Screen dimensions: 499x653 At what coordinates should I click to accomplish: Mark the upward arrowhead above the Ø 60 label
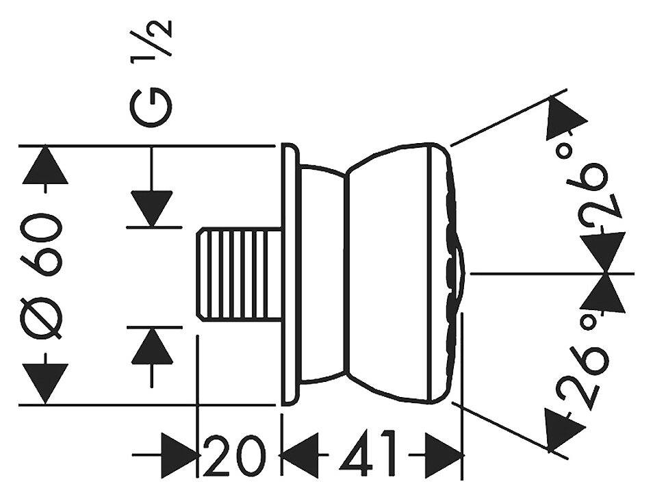[46, 165]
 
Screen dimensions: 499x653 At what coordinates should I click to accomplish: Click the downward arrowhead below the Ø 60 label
[46, 383]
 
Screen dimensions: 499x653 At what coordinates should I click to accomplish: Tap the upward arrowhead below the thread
[151, 346]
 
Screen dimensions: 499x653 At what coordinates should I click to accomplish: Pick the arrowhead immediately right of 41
[443, 455]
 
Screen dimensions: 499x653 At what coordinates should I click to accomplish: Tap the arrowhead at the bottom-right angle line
[563, 427]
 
